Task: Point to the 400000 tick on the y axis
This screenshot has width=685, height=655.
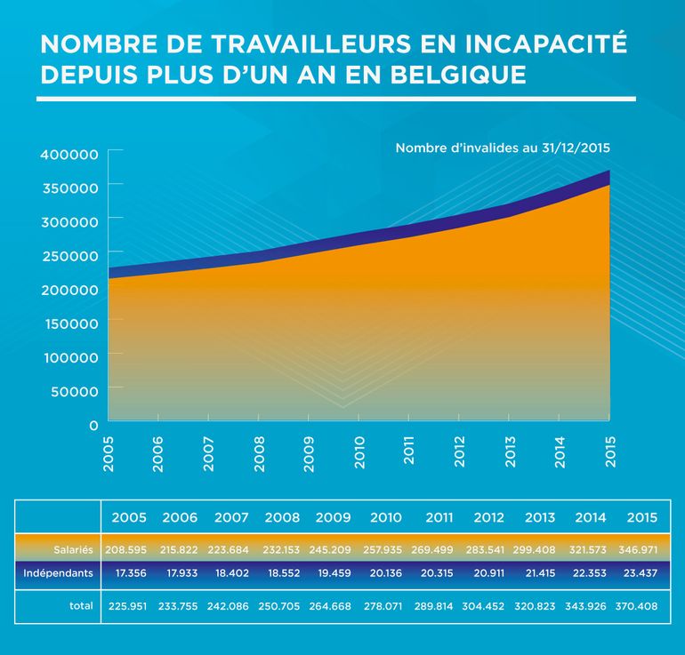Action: click(x=68, y=154)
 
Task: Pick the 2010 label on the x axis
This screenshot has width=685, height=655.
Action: click(x=359, y=451)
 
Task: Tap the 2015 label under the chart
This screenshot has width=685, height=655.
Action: click(x=609, y=451)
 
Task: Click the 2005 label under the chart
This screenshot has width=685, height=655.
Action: click(x=109, y=451)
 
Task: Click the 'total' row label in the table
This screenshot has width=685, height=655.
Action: click(x=81, y=606)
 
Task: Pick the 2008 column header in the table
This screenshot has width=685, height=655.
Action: click(x=281, y=517)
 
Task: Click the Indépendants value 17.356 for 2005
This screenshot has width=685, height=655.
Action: click(x=130, y=573)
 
